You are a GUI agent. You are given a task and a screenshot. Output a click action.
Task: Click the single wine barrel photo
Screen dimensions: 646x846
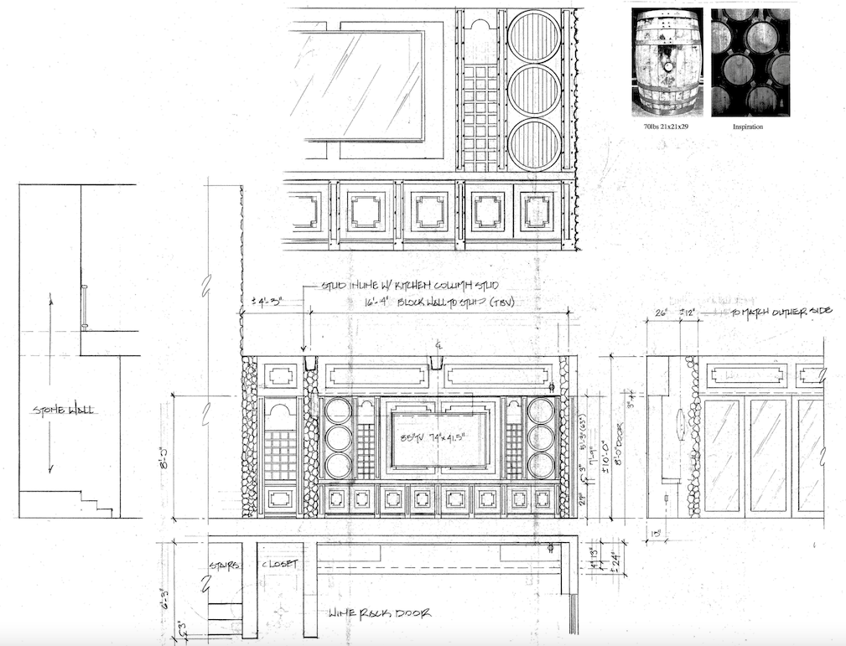click(x=667, y=63)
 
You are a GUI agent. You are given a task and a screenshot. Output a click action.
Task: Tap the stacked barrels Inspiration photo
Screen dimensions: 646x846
click(x=750, y=63)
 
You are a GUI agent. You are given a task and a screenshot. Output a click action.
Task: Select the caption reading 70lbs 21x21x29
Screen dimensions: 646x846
click(x=667, y=127)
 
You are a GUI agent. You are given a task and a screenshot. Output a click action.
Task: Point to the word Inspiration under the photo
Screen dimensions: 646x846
click(x=750, y=127)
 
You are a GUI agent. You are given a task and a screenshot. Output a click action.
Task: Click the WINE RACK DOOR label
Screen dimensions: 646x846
click(x=381, y=612)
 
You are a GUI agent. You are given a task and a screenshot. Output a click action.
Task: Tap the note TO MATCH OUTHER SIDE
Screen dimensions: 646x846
click(x=781, y=311)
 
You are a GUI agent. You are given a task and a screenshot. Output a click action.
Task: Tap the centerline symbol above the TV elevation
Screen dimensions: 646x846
click(x=438, y=345)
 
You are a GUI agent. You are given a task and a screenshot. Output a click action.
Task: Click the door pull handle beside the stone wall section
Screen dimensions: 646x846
click(x=84, y=308)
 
